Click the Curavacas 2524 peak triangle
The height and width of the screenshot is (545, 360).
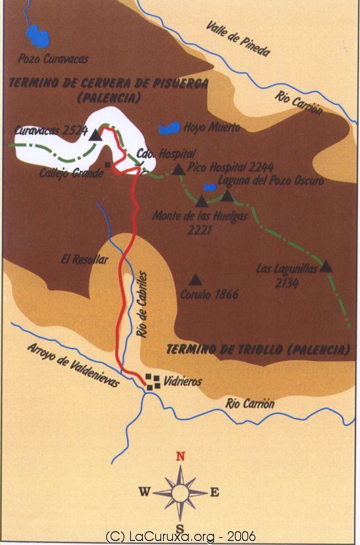click(96, 135)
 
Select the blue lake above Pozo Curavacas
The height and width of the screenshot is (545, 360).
click(37, 37)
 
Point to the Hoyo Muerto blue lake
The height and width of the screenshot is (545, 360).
click(171, 128)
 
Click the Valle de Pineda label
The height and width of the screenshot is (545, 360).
click(237, 39)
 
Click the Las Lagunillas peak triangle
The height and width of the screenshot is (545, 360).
click(326, 267)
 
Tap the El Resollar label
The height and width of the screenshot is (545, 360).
click(84, 259)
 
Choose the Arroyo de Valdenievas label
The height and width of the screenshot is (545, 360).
click(73, 364)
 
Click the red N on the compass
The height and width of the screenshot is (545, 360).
click(181, 457)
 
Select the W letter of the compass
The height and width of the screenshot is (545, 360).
click(145, 492)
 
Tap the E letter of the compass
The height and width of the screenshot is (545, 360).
click(215, 493)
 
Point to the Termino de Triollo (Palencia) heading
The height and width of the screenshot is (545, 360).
click(257, 348)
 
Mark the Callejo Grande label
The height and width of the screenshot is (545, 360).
click(71, 174)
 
